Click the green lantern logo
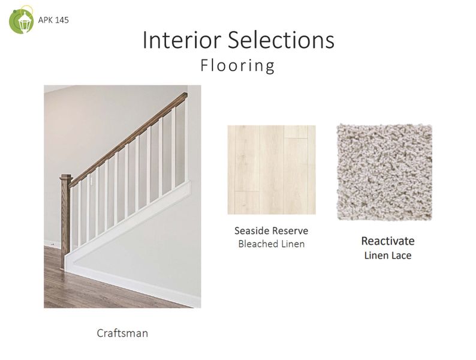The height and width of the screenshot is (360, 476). pyautogui.click(x=22, y=20)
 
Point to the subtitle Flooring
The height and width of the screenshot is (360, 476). pyautogui.click(x=237, y=65)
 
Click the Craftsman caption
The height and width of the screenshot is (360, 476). pyautogui.click(x=122, y=332)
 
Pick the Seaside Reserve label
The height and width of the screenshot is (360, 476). pyautogui.click(x=271, y=231)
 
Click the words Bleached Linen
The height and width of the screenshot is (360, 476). pyautogui.click(x=271, y=244)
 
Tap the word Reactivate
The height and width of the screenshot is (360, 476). pyautogui.click(x=387, y=241)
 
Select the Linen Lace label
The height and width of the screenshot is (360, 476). pyautogui.click(x=387, y=256)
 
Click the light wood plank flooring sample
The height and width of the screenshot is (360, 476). pyautogui.click(x=271, y=169)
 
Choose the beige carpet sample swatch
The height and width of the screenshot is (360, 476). pyautogui.click(x=384, y=172)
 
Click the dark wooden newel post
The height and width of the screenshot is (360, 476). pyautogui.click(x=65, y=216)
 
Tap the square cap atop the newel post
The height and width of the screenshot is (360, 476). pyautogui.click(x=65, y=178)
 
